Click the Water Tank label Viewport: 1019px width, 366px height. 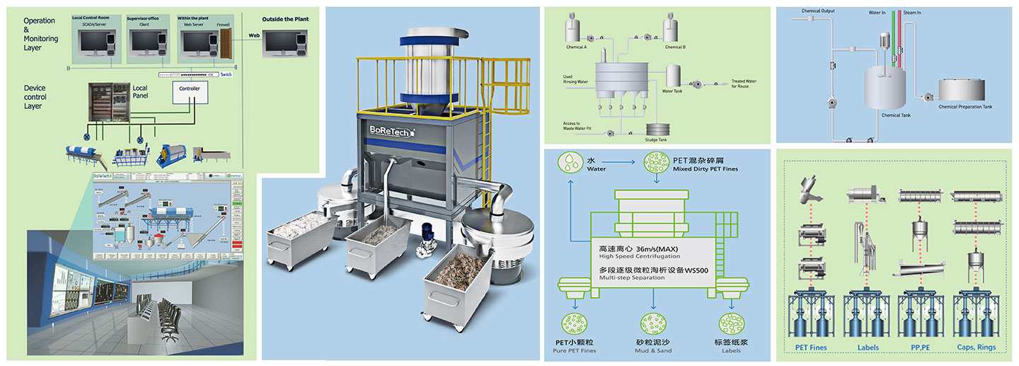[x=672, y=91]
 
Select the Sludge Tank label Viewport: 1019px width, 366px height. [x=656, y=139]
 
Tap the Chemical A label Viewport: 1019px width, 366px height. [x=576, y=47]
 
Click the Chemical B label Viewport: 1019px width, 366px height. [x=674, y=47]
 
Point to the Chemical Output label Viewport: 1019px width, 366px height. [x=818, y=11]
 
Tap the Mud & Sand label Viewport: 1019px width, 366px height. [x=652, y=346]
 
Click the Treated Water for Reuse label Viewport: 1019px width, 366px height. [x=744, y=84]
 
